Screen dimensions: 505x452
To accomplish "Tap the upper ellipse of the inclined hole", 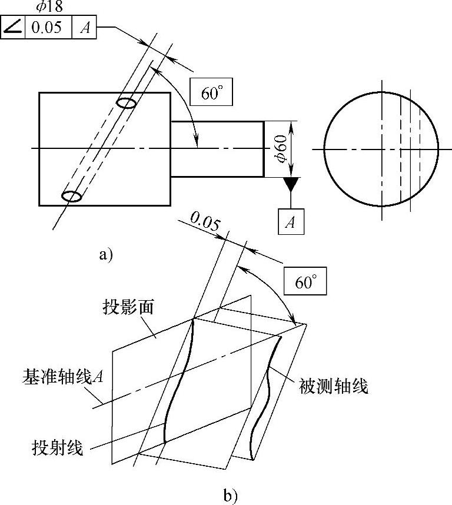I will tap(127, 103).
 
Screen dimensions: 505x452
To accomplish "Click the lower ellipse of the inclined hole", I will tap(72, 196).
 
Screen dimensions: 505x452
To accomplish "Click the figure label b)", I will tap(230, 496).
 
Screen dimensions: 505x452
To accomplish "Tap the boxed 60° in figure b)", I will tap(305, 282).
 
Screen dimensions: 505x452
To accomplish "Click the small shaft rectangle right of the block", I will tap(217, 149).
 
